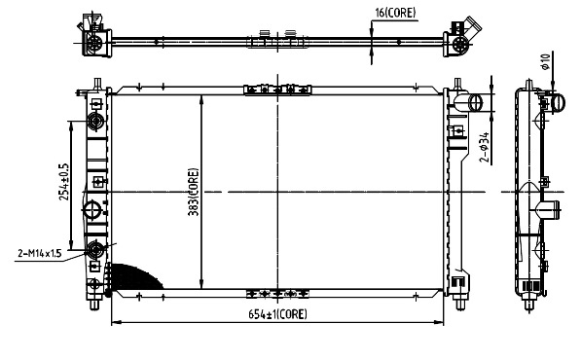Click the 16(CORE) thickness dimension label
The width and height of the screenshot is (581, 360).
click(x=395, y=13)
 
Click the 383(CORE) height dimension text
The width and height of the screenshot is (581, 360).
click(x=194, y=192)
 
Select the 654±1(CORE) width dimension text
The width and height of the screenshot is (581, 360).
click(x=277, y=314)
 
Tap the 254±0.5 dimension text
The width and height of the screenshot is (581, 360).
click(x=63, y=182)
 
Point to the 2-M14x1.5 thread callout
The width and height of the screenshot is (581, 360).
click(x=40, y=253)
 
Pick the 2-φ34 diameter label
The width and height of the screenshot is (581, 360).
click(x=485, y=148)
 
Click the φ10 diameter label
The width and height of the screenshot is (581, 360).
click(x=545, y=61)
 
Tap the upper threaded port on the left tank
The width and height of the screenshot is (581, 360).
click(x=95, y=122)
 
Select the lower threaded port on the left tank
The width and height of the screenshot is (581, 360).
click(x=95, y=250)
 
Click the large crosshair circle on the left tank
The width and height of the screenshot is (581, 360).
click(x=91, y=210)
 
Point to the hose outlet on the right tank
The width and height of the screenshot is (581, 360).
click(x=469, y=102)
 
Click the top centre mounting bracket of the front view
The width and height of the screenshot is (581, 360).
click(x=277, y=90)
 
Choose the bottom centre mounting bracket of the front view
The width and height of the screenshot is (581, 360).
click(x=277, y=294)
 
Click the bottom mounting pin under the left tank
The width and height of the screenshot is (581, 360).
click(x=94, y=305)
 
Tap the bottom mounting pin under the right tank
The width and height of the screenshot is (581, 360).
click(x=460, y=305)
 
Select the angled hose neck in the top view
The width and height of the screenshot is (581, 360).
click(x=472, y=25)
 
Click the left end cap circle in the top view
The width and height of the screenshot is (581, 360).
click(x=94, y=44)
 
